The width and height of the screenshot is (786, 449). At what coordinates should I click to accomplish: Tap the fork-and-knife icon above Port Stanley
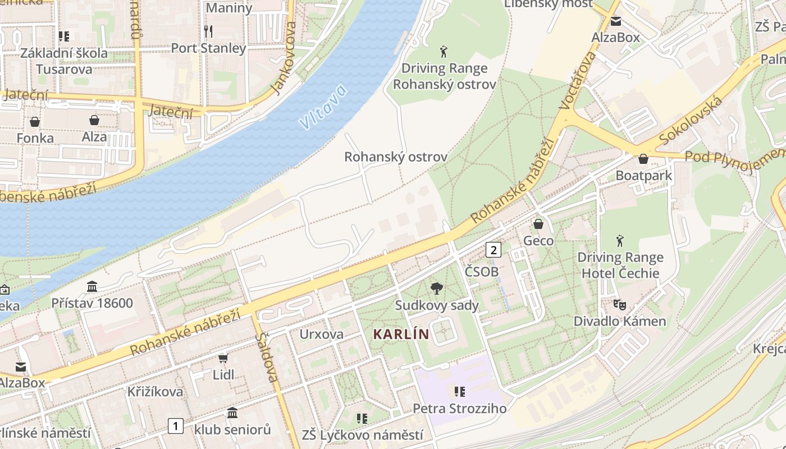pos(208,30)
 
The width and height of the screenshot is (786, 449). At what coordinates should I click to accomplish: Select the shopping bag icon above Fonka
pos(35,122)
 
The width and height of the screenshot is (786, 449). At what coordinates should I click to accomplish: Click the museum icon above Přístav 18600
pos(92,287)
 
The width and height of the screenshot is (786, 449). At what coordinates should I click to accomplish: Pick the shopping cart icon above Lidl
pos(223,358)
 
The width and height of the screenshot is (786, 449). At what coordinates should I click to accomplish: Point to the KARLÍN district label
pos(401,335)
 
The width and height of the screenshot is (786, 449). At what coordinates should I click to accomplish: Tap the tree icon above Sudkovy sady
pos(436,289)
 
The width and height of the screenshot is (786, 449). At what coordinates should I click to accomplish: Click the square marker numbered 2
pos(493,250)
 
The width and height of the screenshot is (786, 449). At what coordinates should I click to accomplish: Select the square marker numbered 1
pos(176,426)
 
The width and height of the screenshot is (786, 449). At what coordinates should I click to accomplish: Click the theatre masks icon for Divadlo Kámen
pos(619,305)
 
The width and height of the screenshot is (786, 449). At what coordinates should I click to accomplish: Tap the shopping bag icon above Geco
pos(538,224)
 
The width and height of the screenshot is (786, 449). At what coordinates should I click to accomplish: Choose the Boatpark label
pos(643,176)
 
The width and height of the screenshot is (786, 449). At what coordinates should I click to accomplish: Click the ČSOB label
pos(482,272)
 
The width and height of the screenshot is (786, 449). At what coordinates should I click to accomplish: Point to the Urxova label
pos(321,335)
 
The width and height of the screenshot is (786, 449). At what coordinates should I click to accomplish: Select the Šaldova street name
pos(267,357)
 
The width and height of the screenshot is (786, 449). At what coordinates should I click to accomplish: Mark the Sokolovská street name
pos(691,120)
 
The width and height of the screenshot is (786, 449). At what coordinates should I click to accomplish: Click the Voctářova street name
pos(578,80)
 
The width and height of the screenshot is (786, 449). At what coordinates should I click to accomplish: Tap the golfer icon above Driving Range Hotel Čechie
pos(620,241)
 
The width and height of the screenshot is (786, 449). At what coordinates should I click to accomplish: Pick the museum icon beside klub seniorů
pos(232,414)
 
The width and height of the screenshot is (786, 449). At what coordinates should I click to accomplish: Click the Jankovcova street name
pos(282,58)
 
